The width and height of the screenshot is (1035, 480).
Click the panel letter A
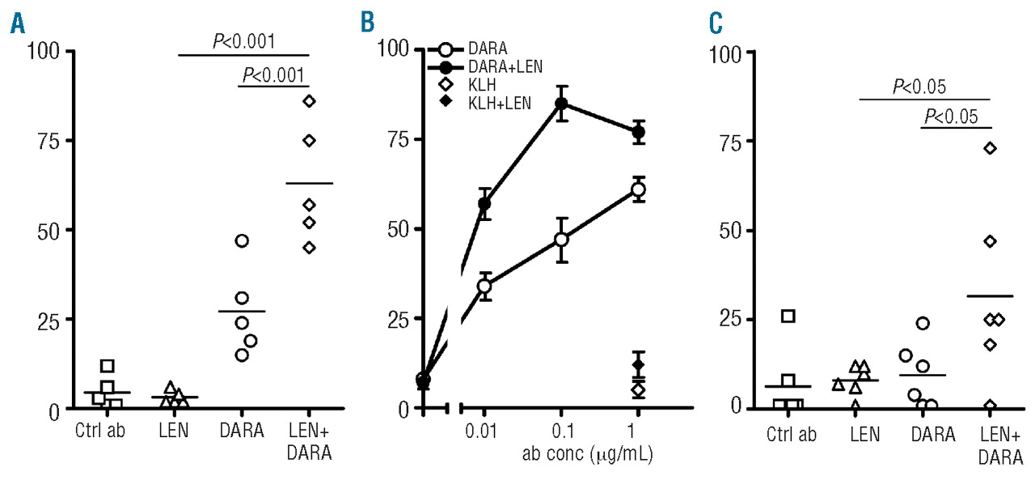16,24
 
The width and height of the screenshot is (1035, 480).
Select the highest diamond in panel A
309,100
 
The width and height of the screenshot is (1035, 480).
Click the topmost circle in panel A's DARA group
242,240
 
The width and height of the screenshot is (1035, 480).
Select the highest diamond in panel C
990,148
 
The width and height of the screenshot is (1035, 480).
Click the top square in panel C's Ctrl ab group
788,316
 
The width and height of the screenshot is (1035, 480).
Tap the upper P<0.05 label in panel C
919,86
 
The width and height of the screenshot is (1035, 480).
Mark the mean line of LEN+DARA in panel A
309,184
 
